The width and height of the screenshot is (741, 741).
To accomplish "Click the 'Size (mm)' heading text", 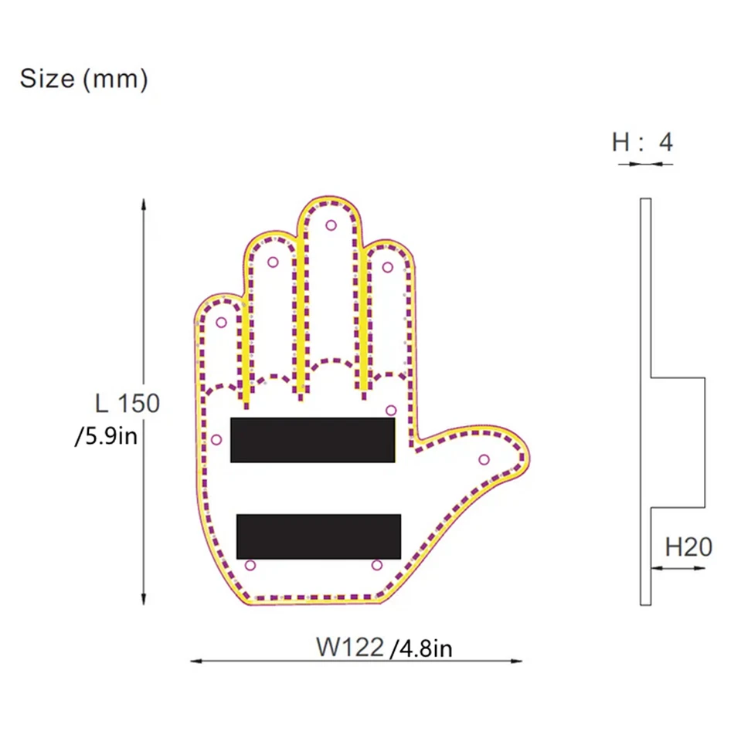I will (83, 79).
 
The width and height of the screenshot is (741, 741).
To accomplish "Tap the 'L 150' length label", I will (127, 403).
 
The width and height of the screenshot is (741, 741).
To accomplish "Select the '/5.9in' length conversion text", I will (107, 437).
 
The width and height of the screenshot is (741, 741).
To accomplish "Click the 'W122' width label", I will (349, 646).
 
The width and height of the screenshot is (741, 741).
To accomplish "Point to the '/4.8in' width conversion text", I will (421, 648).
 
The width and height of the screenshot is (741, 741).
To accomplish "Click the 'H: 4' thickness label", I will (642, 142).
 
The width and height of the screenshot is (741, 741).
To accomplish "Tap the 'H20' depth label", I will (688, 547).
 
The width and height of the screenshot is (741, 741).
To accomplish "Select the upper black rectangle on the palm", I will (313, 440).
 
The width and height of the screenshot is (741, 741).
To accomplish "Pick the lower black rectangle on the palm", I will (318, 536).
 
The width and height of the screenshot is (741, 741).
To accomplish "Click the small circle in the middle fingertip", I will (331, 225).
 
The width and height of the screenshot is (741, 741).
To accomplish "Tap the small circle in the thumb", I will (484, 460).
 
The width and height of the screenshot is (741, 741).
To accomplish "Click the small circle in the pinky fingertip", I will (221, 323).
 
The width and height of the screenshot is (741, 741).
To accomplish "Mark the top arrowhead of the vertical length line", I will (144, 205).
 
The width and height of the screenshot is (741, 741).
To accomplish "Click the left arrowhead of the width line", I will (195, 661).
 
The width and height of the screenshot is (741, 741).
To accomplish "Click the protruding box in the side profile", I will (678, 442).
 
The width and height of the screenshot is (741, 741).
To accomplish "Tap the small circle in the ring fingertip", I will (273, 262).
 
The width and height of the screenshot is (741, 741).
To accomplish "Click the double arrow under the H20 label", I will (678, 569).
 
